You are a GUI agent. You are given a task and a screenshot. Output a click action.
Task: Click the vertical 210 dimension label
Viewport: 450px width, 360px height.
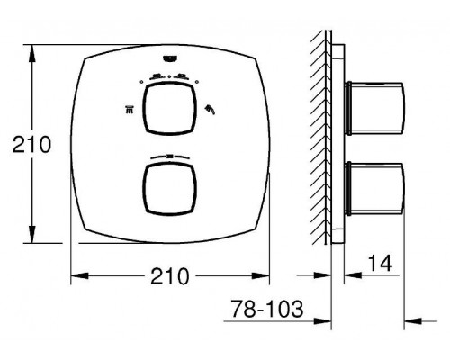coord(31,145)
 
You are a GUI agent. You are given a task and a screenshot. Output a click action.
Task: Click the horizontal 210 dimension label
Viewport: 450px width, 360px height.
coord(170,276)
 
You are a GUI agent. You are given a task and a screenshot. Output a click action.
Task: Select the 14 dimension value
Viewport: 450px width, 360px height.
coord(380,263)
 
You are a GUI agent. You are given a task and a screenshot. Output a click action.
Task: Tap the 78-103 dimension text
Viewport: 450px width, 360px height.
coord(267,309)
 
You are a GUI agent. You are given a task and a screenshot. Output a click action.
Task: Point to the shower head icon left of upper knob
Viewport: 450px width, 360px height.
coord(129,110)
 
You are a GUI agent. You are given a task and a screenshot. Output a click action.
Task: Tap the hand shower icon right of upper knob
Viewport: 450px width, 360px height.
coord(210,110)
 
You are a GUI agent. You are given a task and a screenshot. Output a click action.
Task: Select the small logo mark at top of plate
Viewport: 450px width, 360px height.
coord(170,59)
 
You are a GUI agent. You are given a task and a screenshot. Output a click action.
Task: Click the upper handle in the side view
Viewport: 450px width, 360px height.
coord(375,108)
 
